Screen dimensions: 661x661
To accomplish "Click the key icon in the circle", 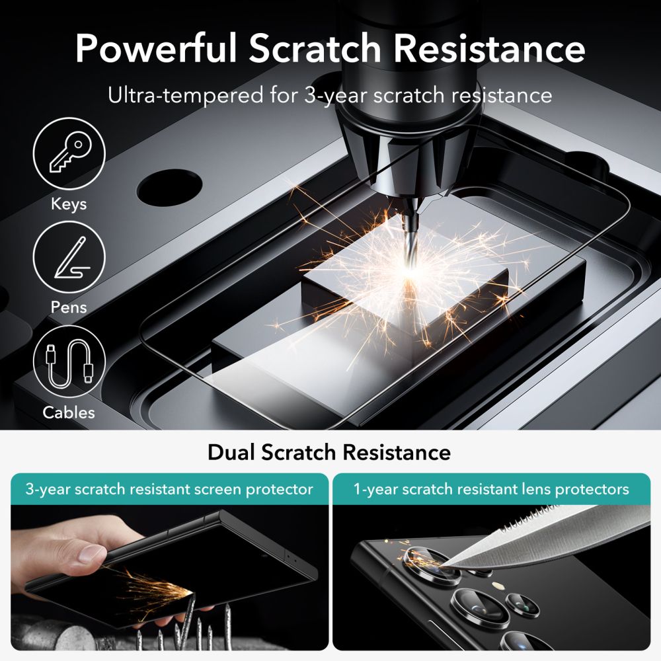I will [x=69, y=153].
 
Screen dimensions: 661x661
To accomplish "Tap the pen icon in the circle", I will [x=69, y=258].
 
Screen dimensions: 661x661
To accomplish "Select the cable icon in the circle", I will [x=69, y=362].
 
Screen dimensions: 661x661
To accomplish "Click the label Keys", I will [x=69, y=204].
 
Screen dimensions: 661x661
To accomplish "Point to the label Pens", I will [x=69, y=307].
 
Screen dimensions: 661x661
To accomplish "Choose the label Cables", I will [x=69, y=412].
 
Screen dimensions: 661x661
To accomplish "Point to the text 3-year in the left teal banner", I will [x=50, y=490].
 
